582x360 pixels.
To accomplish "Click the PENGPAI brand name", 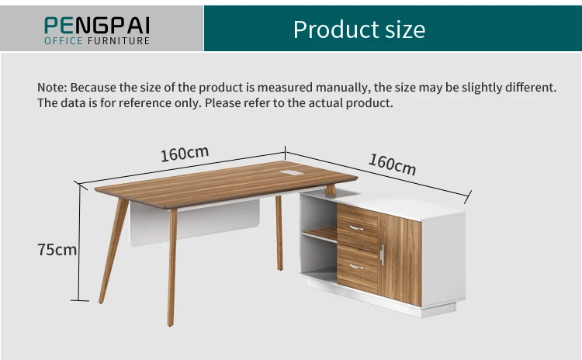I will (97, 24).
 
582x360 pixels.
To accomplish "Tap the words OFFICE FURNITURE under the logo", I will (97, 40).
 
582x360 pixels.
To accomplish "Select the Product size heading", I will (359, 29).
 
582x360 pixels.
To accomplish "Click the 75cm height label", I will (57, 249).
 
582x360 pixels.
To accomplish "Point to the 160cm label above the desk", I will (185, 154).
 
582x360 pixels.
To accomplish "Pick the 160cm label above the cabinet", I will (392, 164).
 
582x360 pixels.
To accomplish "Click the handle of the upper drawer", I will (357, 227).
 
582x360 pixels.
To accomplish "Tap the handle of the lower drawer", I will (357, 266).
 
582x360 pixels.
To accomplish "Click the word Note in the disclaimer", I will (51, 87).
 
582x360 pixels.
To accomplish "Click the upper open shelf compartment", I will (319, 213).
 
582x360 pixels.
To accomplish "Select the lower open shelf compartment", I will (319, 260).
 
